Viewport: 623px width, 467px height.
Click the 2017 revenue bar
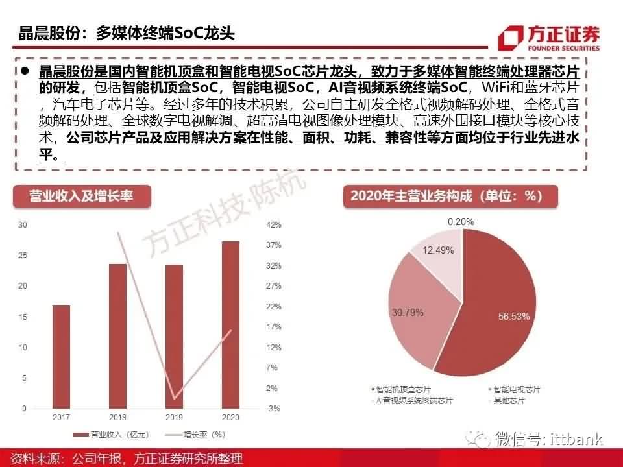[x=62, y=357]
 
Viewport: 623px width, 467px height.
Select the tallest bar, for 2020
[x=230, y=324]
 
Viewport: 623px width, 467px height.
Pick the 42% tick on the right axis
[x=273, y=225]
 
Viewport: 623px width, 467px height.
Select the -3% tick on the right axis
[x=273, y=408]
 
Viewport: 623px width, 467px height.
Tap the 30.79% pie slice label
[x=408, y=313]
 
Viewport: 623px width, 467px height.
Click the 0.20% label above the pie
[x=461, y=222]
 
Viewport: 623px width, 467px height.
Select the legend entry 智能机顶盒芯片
[x=402, y=390]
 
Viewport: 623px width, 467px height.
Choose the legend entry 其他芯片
[x=504, y=401]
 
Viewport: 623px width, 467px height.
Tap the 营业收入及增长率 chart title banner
[x=82, y=195]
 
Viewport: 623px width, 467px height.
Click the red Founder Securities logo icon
[x=512, y=37]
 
